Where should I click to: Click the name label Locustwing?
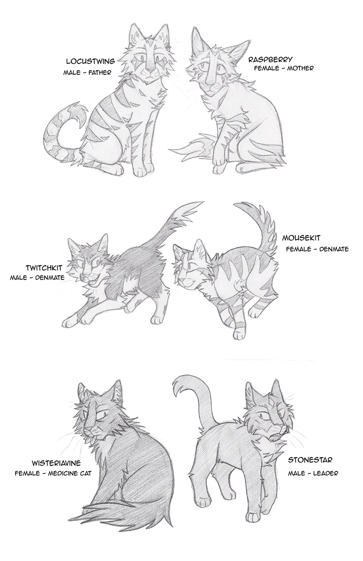(90, 61)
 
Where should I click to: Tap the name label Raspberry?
(270, 60)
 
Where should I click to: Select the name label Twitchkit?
(44, 268)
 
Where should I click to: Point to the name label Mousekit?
(301, 238)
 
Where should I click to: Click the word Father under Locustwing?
(99, 73)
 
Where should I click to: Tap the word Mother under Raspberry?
(300, 68)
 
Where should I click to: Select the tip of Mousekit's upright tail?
(235, 205)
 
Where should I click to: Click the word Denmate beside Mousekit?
(335, 249)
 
